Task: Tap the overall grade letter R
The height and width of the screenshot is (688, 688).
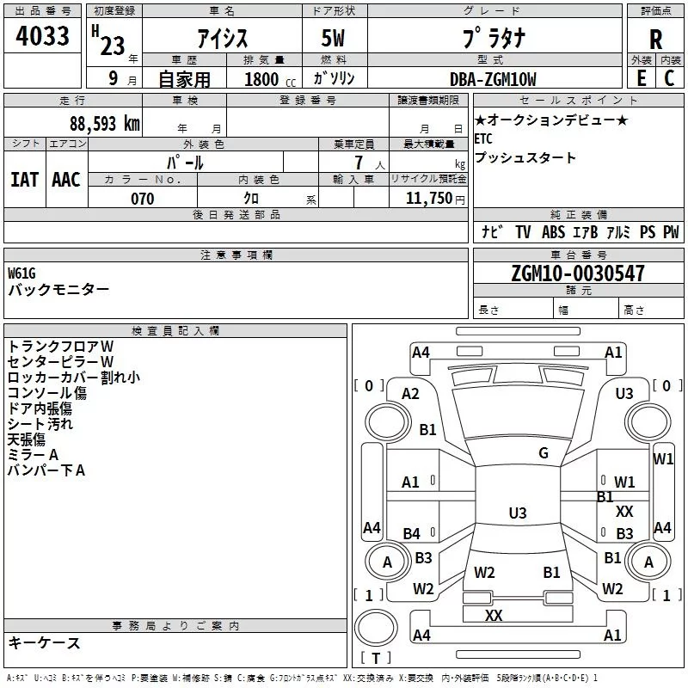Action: pos(655,40)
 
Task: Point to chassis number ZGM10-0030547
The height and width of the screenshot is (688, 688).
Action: pos(577,273)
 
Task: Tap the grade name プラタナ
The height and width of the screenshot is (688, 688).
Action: pos(492,40)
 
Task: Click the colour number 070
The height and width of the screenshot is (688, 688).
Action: pos(142,199)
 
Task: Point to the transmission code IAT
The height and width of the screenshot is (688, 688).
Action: pos(24,180)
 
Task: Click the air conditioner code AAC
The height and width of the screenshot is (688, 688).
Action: pos(66,180)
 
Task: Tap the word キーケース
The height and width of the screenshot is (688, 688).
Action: pos(44,642)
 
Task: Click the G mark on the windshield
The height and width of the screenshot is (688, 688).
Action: pos(543,453)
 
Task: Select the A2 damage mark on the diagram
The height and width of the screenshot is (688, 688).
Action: pos(410,394)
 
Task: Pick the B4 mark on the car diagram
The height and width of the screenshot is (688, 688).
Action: pos(412,534)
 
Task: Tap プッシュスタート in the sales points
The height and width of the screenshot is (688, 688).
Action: pos(525,158)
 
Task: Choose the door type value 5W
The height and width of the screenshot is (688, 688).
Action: pos(335,40)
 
